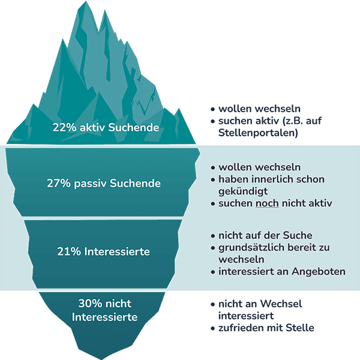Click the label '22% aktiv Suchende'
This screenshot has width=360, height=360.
(x=106, y=127)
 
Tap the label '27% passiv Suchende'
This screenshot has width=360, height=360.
(x=104, y=183)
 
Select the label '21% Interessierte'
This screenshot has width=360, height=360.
(x=104, y=253)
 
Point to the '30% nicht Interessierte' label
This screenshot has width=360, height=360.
(x=105, y=310)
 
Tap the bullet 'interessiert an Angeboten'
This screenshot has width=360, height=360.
(x=281, y=272)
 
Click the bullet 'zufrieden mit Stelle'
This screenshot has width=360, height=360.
(x=266, y=328)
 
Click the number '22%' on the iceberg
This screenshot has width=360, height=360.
(x=64, y=127)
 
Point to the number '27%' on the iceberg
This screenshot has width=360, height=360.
(x=58, y=183)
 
